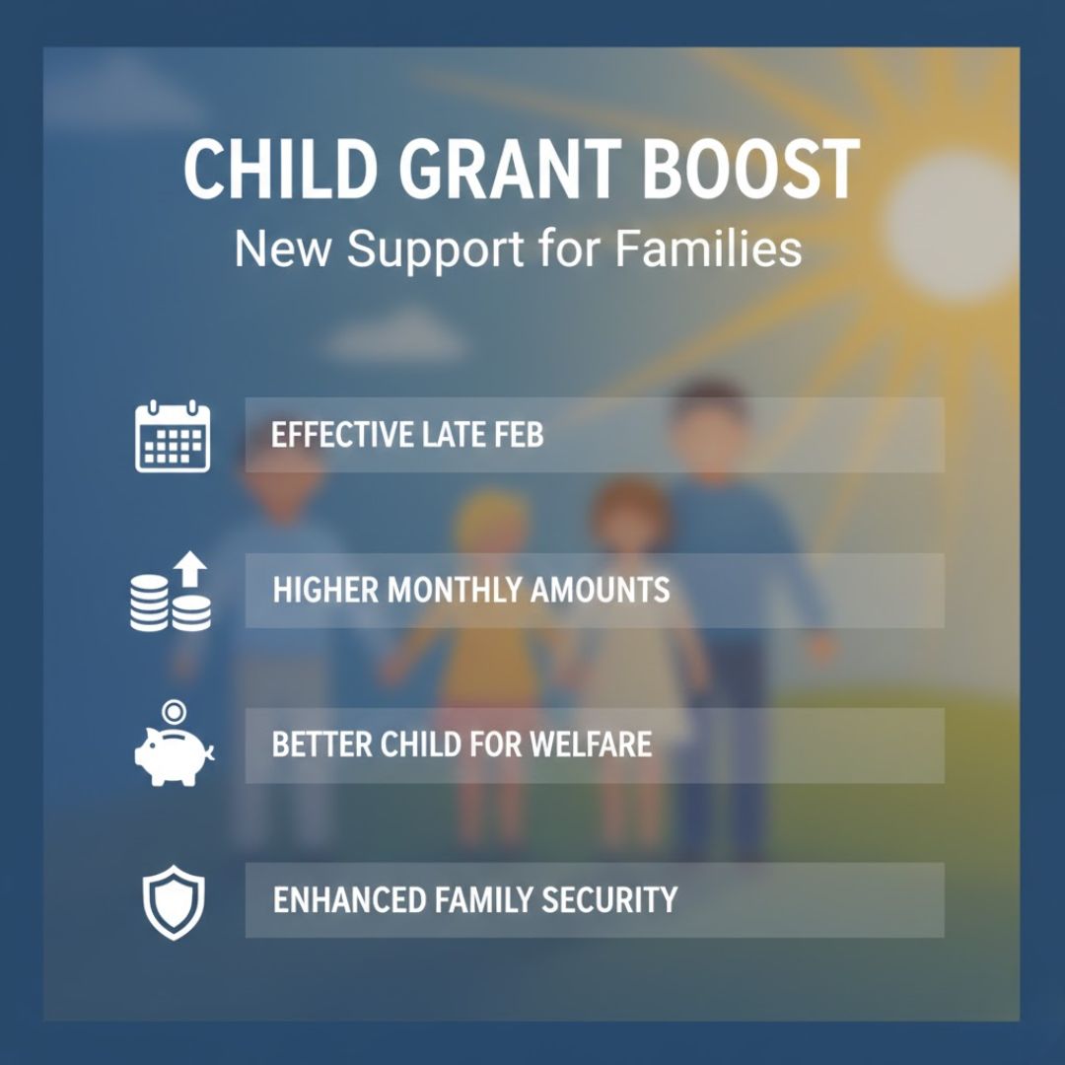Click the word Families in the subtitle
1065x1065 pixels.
709,248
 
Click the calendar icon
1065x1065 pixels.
173,436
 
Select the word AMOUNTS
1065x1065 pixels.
601,590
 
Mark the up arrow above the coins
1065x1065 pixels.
191,566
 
